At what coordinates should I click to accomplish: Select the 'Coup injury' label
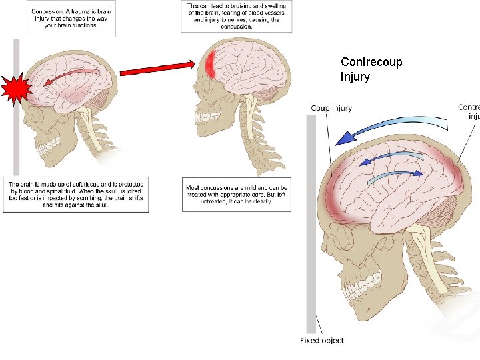tap(331, 108)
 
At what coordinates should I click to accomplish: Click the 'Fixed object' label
tap(322, 341)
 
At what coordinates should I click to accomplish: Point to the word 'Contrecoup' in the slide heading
tap(371, 62)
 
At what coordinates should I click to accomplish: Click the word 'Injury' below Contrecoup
tap(355, 76)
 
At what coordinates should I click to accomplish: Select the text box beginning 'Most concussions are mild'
tap(236, 193)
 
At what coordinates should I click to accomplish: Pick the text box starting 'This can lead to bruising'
tap(236, 16)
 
